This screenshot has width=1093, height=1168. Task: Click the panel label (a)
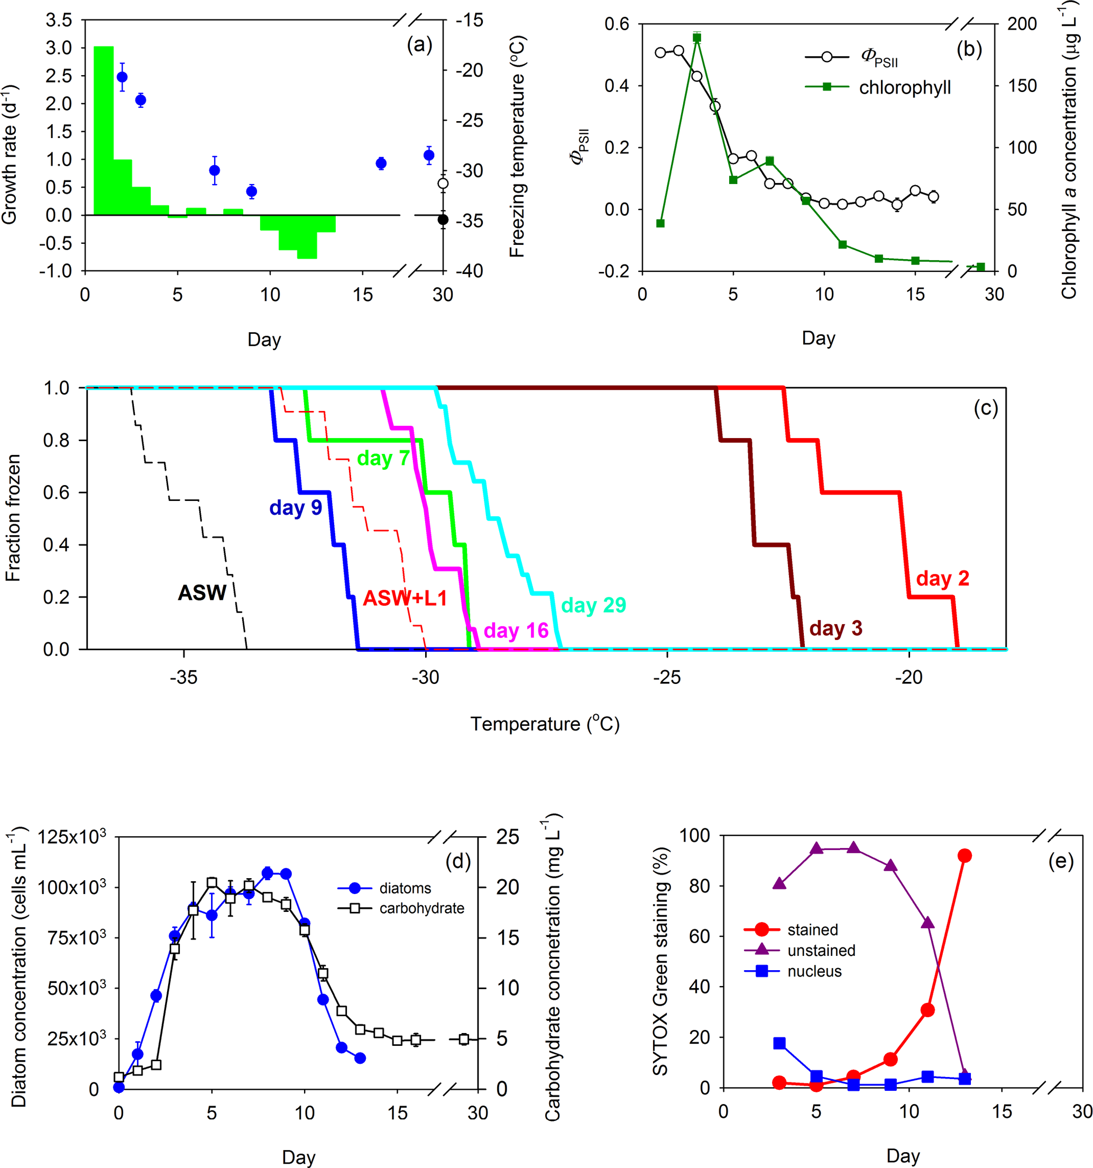coord(419,44)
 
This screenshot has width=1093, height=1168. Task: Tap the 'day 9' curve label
coord(296,508)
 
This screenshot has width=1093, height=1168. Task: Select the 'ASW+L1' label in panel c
coord(405,598)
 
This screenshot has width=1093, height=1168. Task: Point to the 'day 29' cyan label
coord(593,605)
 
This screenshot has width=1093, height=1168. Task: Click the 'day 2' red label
coord(942,578)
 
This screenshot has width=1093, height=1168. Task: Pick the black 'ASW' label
coord(201,593)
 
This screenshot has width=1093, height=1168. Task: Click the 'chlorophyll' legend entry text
coord(904,87)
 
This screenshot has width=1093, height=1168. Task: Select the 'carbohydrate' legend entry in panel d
coord(421,908)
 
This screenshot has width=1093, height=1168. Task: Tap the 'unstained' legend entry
coord(821,951)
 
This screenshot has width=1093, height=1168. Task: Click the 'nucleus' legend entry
coord(814,972)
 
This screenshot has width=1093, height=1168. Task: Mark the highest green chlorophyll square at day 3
coord(696,38)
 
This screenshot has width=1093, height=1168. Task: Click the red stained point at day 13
coord(964,855)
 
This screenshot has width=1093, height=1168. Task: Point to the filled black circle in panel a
coord(443,220)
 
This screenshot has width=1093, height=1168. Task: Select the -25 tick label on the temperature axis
coord(667,678)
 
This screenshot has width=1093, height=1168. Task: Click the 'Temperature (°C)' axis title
coord(545,724)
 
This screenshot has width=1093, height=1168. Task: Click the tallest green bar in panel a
coord(103,131)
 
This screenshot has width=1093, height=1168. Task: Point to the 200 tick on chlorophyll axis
coord(1022,24)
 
